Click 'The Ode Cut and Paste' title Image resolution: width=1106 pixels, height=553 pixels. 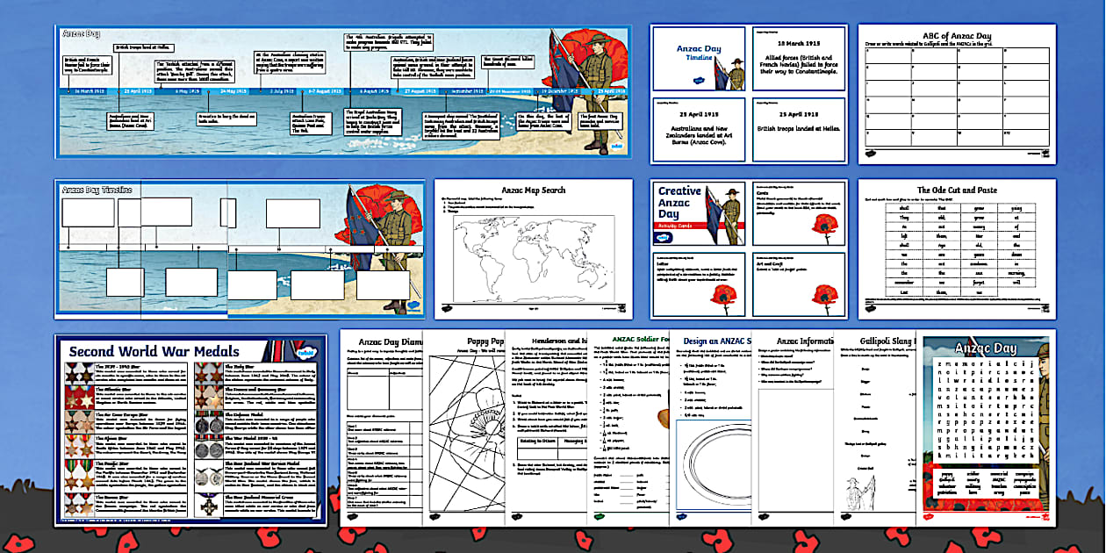pos(957,190)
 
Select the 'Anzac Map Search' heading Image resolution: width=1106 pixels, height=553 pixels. pos(534,190)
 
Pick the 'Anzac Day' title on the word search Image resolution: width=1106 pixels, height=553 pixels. pos(987,348)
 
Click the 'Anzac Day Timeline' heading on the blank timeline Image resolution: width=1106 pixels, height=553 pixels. pos(97,189)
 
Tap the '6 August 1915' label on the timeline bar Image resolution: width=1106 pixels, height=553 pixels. pos(375,90)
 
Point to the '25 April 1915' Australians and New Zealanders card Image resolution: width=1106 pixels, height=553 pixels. pos(698,130)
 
